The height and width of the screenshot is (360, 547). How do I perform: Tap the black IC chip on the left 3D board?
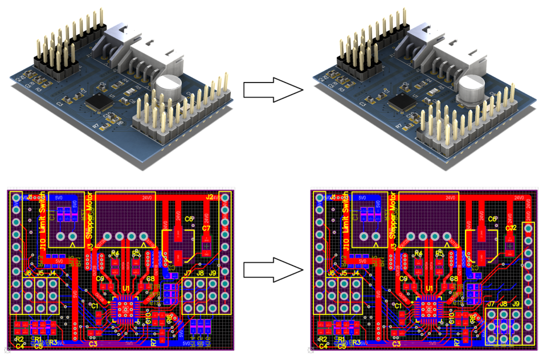click(x=99, y=103)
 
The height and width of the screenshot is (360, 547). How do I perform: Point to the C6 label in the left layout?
click(x=189, y=219)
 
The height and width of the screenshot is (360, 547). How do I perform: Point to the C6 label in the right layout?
click(x=493, y=219)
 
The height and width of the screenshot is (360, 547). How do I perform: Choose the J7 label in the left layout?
click(x=187, y=273)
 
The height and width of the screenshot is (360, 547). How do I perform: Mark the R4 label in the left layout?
click(x=115, y=253)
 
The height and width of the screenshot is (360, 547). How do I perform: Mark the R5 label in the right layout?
click(x=439, y=253)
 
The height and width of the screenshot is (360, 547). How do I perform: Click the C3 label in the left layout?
click(x=93, y=343)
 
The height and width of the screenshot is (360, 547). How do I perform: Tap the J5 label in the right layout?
click(x=344, y=273)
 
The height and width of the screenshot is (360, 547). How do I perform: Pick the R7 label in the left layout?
click(x=153, y=342)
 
